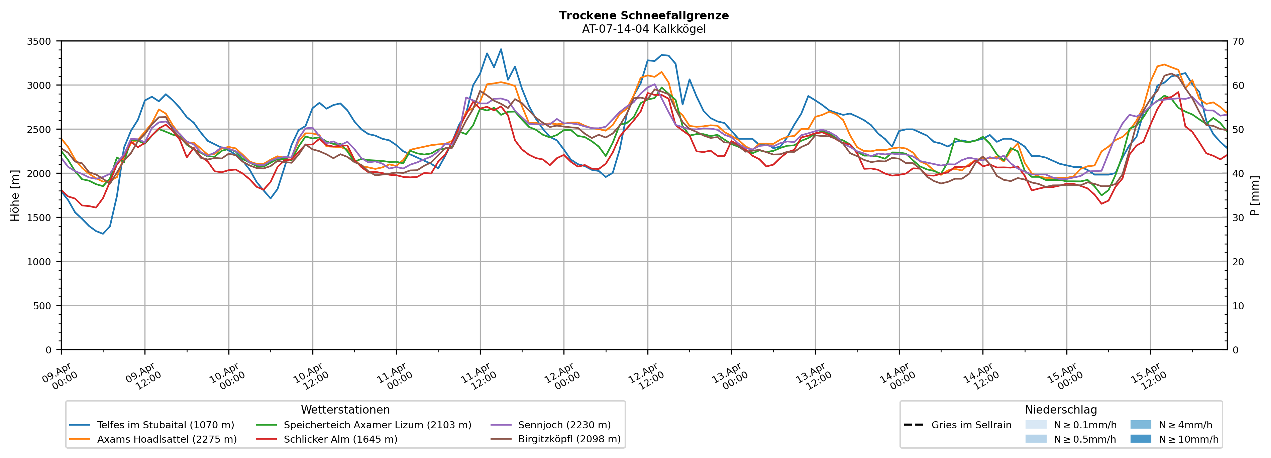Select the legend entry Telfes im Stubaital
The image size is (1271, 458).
tap(165, 425)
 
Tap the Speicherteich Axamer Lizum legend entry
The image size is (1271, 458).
tap(377, 425)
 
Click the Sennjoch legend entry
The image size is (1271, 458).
tap(564, 425)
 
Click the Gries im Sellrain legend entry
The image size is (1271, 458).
tap(971, 425)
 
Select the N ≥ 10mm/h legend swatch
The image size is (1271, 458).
tap(1140, 439)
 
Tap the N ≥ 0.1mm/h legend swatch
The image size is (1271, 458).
tap(1036, 425)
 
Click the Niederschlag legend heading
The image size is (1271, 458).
tap(1061, 410)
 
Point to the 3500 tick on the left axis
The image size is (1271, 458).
tap(39, 41)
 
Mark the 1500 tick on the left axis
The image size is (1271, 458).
tap(39, 217)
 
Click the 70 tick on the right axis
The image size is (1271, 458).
tap(1239, 41)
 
